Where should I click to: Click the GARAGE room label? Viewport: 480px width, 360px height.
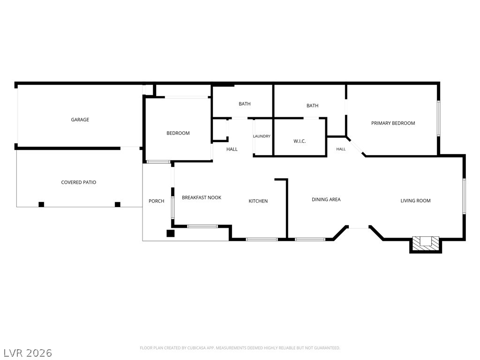coord(80,120)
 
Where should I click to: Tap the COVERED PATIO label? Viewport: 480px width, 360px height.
coord(79,182)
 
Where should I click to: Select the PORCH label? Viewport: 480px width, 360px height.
coord(157,201)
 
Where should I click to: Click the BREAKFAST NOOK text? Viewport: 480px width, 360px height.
coord(202,198)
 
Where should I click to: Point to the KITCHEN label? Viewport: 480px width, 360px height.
coord(258,201)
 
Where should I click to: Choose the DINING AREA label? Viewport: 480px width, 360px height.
coord(326,200)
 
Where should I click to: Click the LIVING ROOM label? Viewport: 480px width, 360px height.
coord(415,201)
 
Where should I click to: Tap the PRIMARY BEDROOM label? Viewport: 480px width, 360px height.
coord(393,123)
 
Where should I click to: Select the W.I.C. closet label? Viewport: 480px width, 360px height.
coord(300,142)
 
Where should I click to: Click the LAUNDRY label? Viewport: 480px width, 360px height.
coord(262,136)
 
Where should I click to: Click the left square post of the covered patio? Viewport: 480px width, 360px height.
coord(41,204)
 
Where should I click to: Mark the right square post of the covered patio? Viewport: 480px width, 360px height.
coord(118,204)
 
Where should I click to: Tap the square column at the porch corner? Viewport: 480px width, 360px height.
coord(170,233)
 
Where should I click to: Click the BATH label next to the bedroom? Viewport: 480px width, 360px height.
coord(245,104)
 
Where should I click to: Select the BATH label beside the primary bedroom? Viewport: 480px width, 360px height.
coord(313,105)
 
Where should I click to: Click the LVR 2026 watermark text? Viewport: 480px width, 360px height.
coord(26,353)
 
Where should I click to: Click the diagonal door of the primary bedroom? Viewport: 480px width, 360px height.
coord(356,147)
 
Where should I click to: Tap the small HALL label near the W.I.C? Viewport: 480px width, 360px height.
coord(341,150)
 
